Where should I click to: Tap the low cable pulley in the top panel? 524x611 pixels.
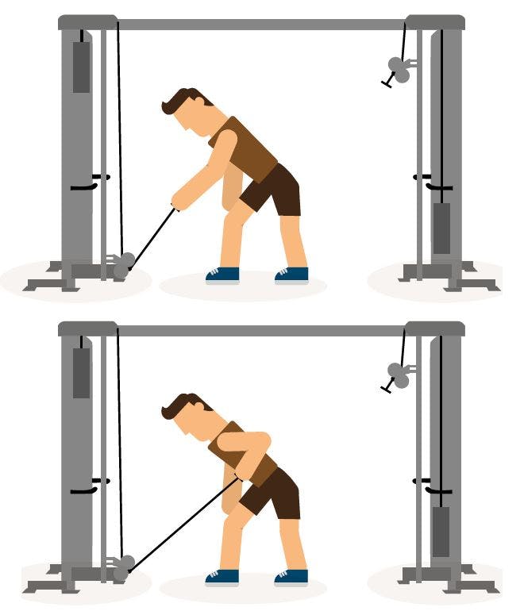pos(123,264)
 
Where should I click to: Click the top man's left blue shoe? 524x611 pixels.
pos(222,275)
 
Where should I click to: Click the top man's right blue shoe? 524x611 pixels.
pos(291,275)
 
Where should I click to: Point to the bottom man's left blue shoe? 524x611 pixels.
pos(222,577)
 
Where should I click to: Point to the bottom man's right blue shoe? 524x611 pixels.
pos(291,577)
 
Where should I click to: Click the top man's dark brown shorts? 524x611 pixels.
pos(274,190)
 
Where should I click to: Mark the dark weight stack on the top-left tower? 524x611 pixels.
pos(82,67)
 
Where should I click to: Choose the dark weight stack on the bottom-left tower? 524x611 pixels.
pos(82,372)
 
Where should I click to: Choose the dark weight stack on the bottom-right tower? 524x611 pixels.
pos(441,531)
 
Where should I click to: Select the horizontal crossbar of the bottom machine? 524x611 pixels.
pos(262,329)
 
